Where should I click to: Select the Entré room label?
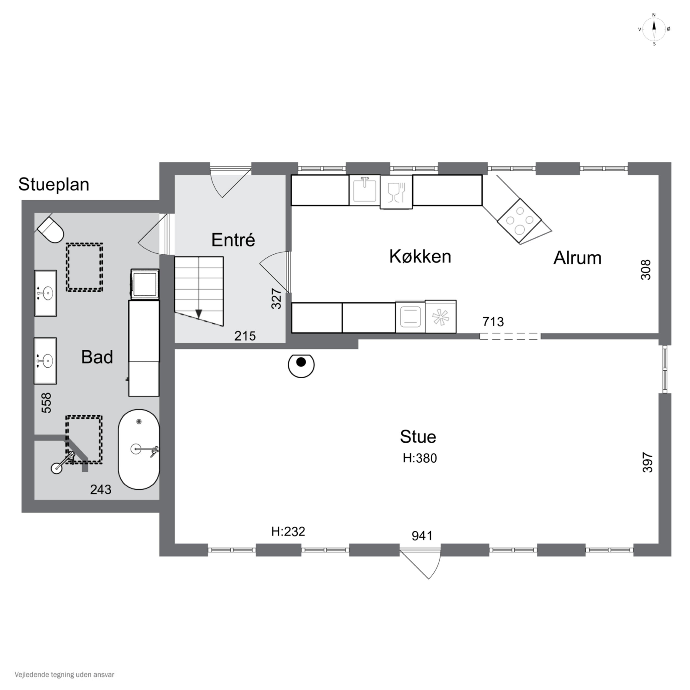(233, 240)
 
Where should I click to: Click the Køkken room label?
(420, 256)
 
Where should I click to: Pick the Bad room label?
(97, 357)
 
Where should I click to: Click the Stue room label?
(418, 437)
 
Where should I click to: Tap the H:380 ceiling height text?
(420, 458)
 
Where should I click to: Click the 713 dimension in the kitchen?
(493, 322)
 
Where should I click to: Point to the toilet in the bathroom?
(50, 229)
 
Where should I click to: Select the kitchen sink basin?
(364, 190)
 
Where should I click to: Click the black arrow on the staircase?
(198, 313)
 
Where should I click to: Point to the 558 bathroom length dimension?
(46, 403)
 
